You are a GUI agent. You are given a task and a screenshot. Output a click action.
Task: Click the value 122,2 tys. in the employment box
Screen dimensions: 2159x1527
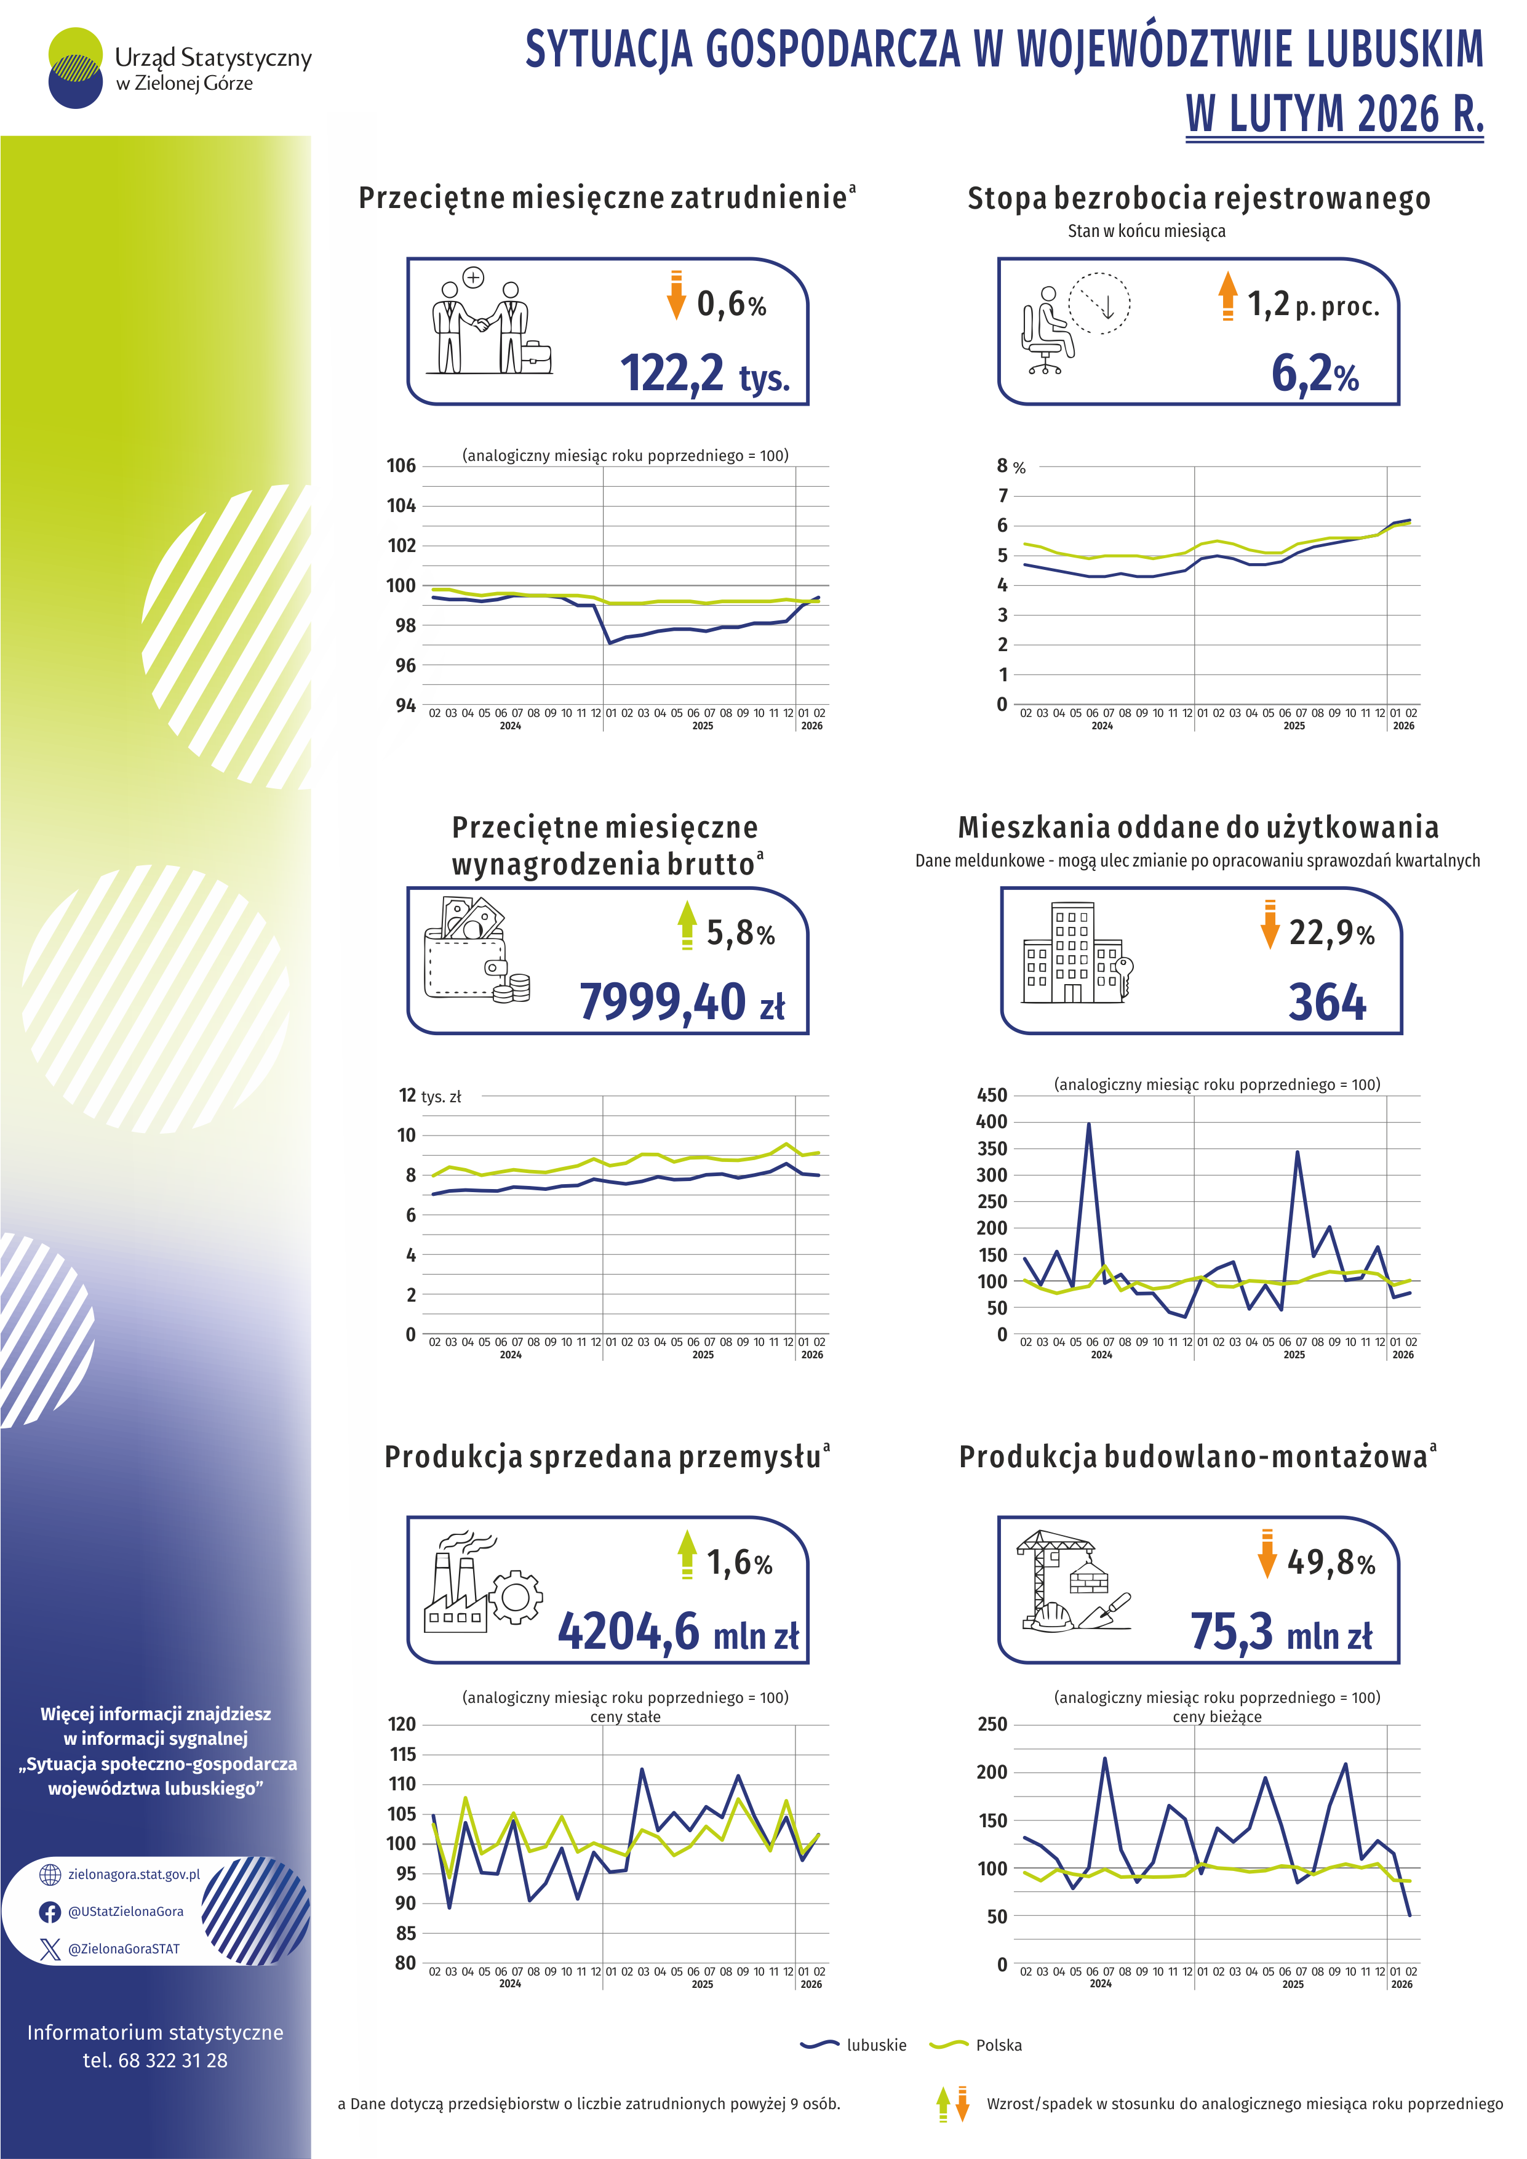tap(704, 374)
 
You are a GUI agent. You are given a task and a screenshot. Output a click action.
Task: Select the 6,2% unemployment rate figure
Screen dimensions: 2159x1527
tap(1315, 374)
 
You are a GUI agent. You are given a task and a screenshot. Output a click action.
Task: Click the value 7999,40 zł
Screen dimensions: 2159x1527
tap(682, 1001)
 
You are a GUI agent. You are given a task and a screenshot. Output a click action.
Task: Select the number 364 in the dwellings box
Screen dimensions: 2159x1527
tap(1326, 1001)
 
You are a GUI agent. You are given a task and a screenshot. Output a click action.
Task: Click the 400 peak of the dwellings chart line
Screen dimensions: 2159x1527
tap(1089, 1124)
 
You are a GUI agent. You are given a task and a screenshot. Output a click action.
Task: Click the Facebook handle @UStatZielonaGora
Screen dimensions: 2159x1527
tap(125, 1912)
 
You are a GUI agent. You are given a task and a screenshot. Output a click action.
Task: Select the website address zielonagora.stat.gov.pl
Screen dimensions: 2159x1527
tap(134, 1874)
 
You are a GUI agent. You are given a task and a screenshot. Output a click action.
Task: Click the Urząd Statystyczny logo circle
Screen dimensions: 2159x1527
tap(75, 68)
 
